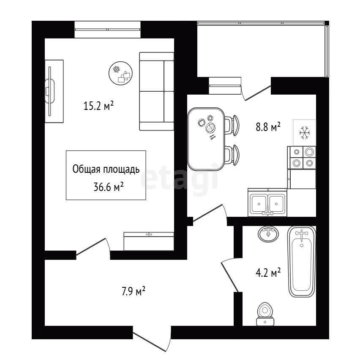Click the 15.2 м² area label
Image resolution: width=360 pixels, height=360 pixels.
coord(98,106)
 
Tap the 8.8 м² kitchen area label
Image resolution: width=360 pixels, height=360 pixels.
coord(268,126)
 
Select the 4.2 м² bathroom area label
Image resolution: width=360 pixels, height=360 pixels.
coord(268,273)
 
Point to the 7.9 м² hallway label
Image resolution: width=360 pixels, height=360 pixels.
coord(133,292)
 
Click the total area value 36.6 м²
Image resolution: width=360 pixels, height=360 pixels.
coord(109,187)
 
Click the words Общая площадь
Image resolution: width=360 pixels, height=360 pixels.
coord(106,169)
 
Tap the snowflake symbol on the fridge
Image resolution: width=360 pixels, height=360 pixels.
coord(305,133)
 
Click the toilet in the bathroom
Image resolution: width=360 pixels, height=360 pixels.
coord(265,314)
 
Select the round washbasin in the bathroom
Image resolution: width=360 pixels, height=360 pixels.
coord(268,234)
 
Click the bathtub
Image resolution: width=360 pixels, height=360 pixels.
coord(302,262)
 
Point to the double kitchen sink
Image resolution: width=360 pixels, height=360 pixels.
coord(267,202)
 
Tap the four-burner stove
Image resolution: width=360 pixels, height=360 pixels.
coord(302,158)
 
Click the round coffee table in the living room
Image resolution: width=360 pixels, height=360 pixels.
coord(120,73)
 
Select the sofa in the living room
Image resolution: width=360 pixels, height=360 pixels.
coord(157,91)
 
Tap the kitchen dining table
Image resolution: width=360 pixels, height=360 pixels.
coord(206,139)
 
